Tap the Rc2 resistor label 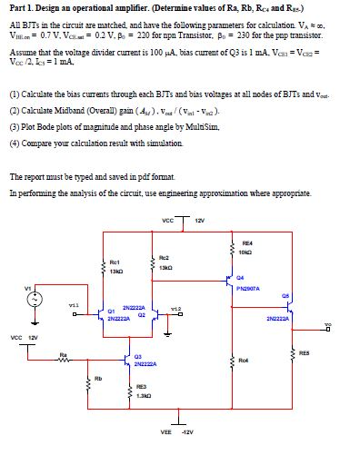(163, 258)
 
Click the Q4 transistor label (240, 280)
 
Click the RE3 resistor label (140, 386)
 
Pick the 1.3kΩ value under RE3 (141, 396)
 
